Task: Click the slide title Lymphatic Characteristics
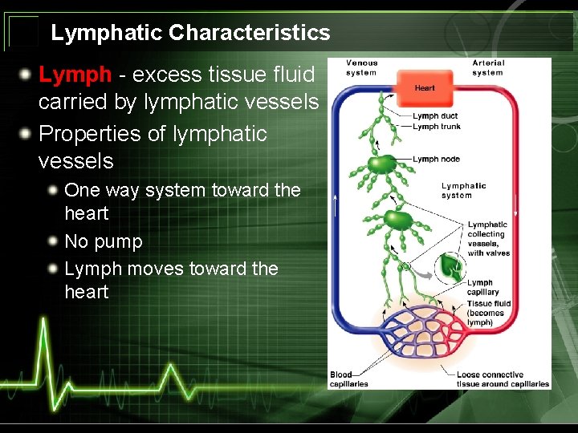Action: click(190, 33)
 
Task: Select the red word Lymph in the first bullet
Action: click(75, 75)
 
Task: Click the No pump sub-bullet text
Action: click(104, 241)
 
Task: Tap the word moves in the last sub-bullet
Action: click(154, 269)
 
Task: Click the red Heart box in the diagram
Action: click(425, 88)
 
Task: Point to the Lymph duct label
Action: click(436, 116)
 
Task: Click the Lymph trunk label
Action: click(437, 127)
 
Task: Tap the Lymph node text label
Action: click(437, 159)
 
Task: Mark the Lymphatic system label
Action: click(463, 191)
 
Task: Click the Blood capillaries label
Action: click(348, 379)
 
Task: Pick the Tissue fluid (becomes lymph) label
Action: click(489, 313)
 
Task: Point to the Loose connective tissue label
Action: click(503, 379)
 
